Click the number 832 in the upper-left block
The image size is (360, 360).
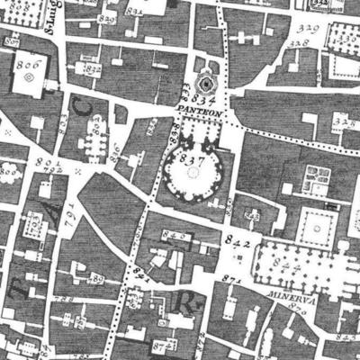90,67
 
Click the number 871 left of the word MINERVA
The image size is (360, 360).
232,282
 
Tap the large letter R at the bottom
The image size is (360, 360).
187,300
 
